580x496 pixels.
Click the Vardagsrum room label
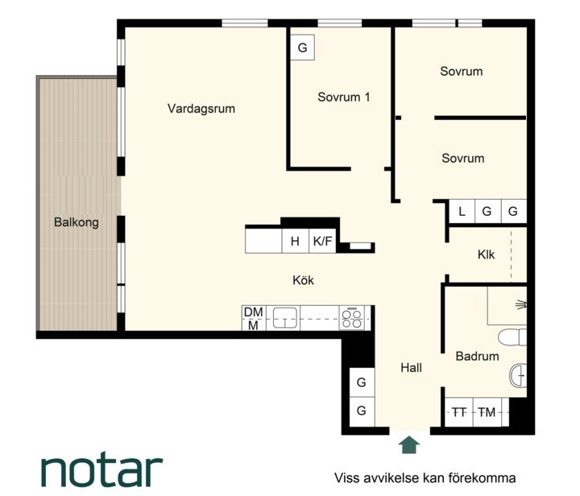(201, 109)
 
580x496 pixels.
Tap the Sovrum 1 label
(344, 97)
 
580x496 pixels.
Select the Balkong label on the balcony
(77, 222)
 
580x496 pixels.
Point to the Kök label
(303, 280)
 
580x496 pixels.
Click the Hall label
(411, 367)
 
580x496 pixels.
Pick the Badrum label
(477, 356)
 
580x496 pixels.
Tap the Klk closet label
(486, 254)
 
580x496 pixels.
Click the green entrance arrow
(408, 444)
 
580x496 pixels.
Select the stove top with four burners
(352, 318)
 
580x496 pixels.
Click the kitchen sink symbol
(285, 318)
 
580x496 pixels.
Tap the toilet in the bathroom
(512, 337)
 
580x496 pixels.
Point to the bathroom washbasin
(518, 375)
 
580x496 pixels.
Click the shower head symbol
(521, 304)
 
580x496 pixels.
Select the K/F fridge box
(322, 241)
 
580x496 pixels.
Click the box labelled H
(295, 241)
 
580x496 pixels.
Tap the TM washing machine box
(487, 411)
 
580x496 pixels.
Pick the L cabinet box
(462, 212)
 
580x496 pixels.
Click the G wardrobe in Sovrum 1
(303, 48)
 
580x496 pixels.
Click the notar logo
(101, 472)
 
